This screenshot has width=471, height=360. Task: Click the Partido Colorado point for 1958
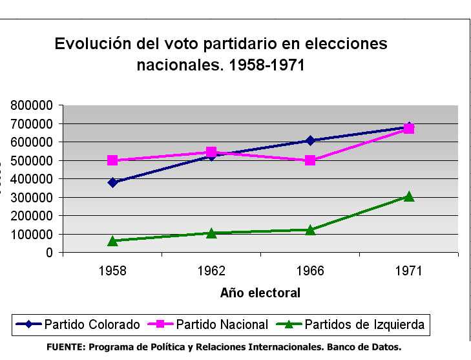pos(112,182)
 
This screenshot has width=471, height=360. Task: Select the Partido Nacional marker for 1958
pos(112,160)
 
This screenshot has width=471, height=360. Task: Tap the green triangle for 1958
pos(112,240)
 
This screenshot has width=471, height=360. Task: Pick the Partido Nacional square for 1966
pos(310,160)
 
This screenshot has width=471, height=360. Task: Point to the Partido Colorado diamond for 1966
pos(310,140)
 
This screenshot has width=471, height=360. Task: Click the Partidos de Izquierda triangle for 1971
pos(408,196)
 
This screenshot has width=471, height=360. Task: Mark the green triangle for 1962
pos(211,233)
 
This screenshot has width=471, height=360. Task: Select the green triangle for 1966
pos(310,229)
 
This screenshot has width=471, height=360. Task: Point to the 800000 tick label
pos(32,105)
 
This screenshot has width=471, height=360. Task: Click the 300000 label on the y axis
pos(32,197)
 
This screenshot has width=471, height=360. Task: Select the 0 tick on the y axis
pos(48,253)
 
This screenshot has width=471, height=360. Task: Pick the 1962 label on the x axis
pos(211,270)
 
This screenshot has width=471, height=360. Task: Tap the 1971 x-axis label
pos(408,270)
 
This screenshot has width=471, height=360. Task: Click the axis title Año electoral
pos(260,293)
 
